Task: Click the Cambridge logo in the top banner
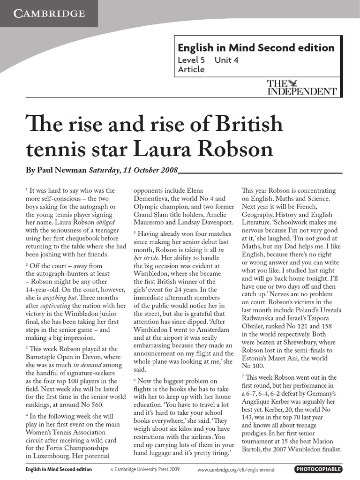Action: tap(48, 13)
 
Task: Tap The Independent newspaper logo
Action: tap(301, 88)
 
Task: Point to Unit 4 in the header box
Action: tap(226, 60)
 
